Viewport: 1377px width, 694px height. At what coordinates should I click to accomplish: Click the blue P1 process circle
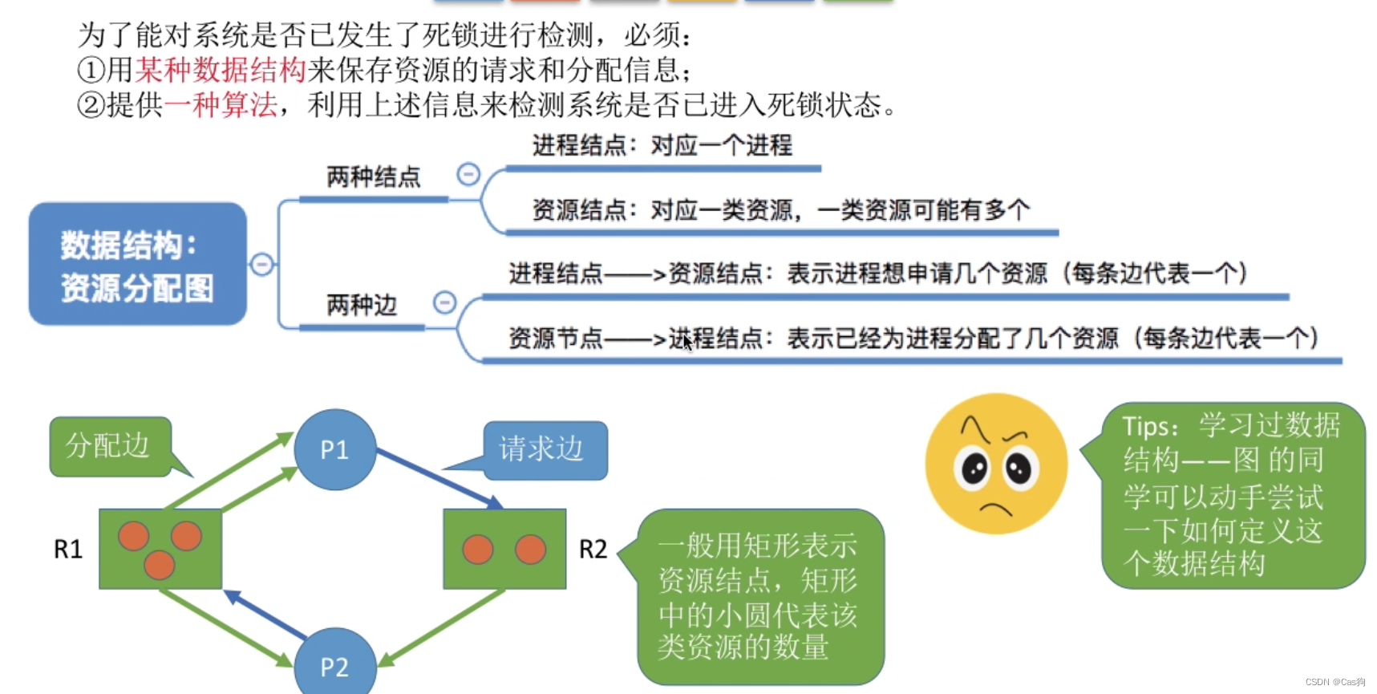tap(334, 449)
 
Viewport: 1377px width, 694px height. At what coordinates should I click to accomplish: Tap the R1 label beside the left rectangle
tap(68, 550)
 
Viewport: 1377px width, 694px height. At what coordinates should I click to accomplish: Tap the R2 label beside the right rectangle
tap(593, 550)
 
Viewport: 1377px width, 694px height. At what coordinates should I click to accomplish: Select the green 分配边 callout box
tap(109, 446)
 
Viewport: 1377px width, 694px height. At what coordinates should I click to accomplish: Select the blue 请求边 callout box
tap(545, 449)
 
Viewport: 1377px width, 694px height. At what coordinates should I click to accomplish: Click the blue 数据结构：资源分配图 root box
tap(137, 264)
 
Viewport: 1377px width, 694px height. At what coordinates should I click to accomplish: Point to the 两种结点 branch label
tap(373, 177)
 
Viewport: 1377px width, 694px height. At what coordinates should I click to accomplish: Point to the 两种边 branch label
tap(361, 306)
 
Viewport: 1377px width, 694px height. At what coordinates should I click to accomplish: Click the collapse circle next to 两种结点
tap(468, 174)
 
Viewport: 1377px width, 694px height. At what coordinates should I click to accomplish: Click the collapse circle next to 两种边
tap(444, 302)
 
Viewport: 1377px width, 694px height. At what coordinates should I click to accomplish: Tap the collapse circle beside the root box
tap(261, 264)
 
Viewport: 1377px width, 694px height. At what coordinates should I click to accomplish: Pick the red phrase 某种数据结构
tap(221, 71)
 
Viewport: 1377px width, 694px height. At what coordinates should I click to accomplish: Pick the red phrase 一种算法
tap(221, 105)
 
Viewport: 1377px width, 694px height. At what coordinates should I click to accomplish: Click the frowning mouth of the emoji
tap(995, 508)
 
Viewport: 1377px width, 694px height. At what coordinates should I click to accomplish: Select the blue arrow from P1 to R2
tap(439, 480)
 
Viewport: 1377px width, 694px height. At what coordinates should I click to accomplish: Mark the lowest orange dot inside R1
tap(159, 565)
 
